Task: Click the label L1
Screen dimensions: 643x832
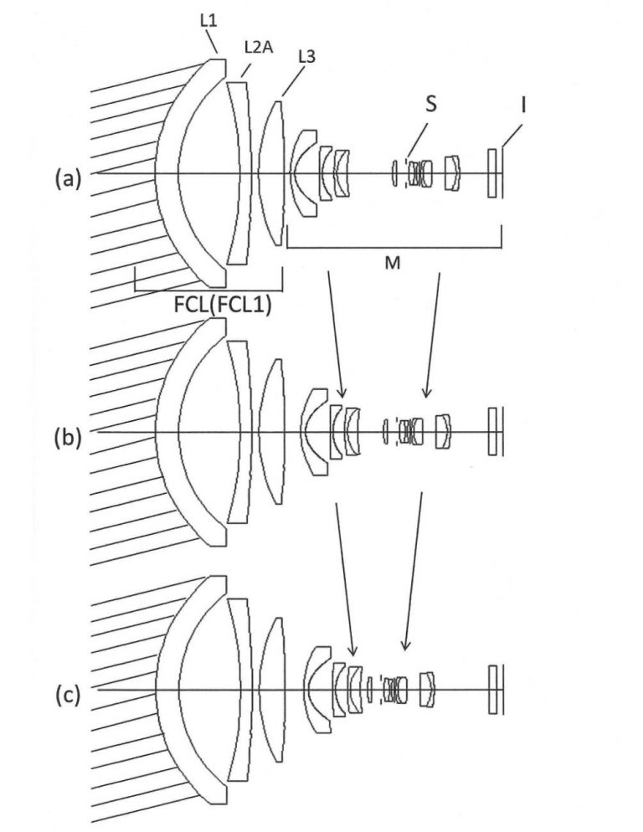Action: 208,21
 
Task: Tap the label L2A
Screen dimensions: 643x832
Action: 259,47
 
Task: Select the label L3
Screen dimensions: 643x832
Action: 306,56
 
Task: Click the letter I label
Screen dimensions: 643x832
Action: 523,105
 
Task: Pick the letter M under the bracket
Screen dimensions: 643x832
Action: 392,262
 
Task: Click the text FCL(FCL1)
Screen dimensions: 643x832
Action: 223,304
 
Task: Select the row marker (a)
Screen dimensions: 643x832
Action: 68,179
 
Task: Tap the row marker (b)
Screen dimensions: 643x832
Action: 68,439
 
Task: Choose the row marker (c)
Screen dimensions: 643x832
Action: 68,695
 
